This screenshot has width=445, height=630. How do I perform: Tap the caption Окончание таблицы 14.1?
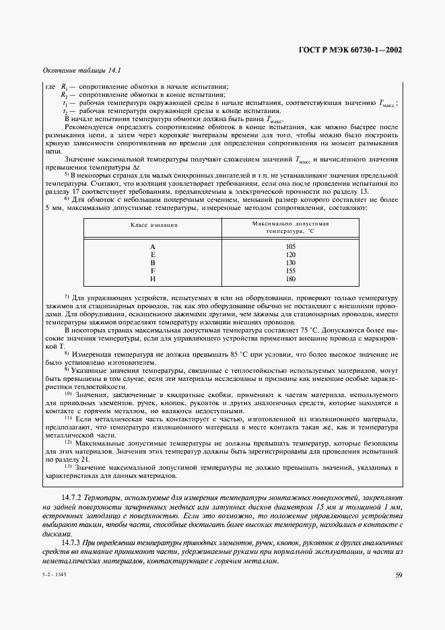click(76, 71)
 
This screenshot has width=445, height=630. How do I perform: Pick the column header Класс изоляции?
click(153, 225)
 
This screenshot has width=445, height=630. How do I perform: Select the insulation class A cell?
click(153, 246)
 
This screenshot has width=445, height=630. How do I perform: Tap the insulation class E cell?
click(153, 254)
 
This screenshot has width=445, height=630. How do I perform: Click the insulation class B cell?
click(153, 262)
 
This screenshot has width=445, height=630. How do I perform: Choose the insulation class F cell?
click(153, 271)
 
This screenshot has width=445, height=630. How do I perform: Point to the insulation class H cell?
click(153, 279)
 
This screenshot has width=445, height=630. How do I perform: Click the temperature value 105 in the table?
click(290, 246)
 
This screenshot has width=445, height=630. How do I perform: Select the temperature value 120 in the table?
click(290, 254)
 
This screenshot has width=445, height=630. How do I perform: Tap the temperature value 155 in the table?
click(290, 271)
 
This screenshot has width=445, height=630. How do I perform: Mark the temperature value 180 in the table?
click(290, 279)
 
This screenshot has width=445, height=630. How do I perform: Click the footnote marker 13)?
click(68, 465)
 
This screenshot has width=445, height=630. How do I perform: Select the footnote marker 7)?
click(67, 297)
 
